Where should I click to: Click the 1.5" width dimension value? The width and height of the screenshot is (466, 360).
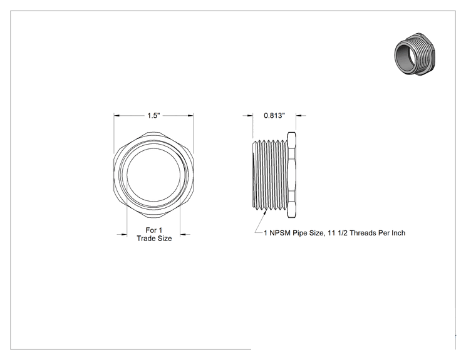[x=153, y=116]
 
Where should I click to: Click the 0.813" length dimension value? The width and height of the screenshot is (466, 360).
[x=274, y=116]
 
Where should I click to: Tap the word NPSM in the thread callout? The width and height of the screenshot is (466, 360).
[x=280, y=233]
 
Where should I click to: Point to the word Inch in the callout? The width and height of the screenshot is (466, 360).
[x=398, y=233]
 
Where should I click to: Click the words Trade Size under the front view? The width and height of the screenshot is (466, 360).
[x=154, y=239]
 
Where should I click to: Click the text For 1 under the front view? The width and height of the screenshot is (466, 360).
[x=154, y=230]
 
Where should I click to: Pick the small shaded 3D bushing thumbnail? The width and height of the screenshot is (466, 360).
[x=416, y=54]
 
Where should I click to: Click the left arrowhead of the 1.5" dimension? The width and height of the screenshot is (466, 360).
[x=116, y=116]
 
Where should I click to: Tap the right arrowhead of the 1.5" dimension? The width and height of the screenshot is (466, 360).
[x=191, y=116]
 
